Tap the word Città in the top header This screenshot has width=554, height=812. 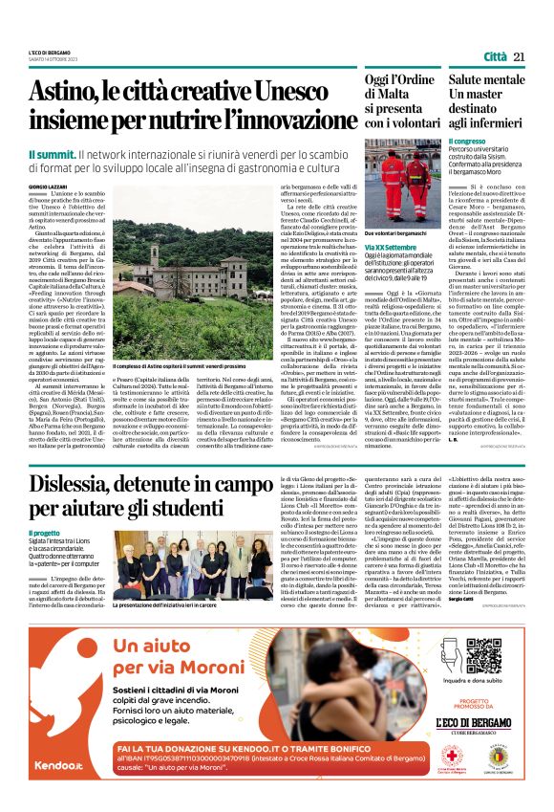pos(495,57)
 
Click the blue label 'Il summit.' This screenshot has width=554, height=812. pos(52,153)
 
